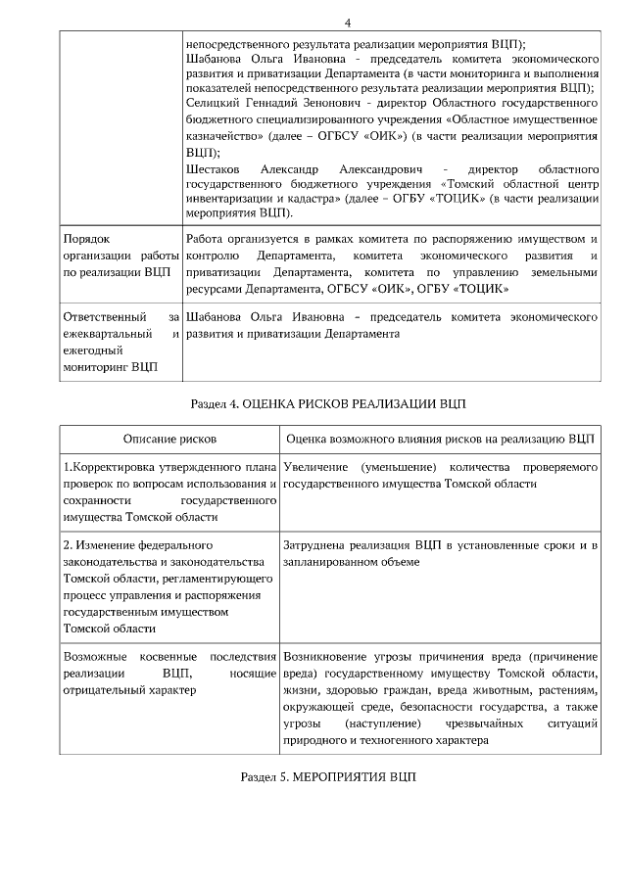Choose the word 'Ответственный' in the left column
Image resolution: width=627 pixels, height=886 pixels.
(105, 318)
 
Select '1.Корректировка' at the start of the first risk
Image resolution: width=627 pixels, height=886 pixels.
(107, 468)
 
